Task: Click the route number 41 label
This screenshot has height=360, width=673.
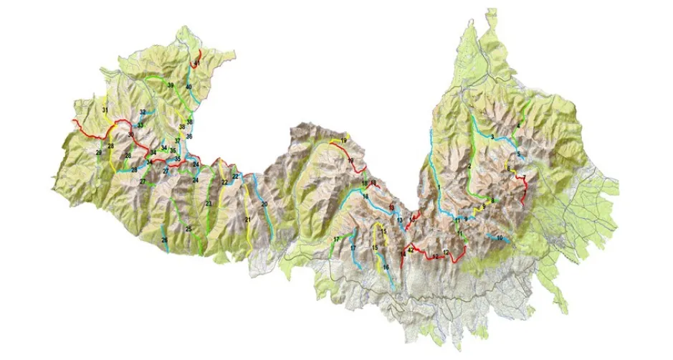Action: pyautogui.click(x=196, y=64)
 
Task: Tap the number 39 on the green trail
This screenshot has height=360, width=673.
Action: pyautogui.click(x=171, y=85)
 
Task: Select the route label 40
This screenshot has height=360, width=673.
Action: pyautogui.click(x=189, y=87)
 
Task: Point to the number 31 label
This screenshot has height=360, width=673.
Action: pyautogui.click(x=105, y=110)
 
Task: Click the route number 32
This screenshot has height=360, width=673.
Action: pyautogui.click(x=143, y=113)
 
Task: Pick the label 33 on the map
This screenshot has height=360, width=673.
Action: pyautogui.click(x=140, y=125)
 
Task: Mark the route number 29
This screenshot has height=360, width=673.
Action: pyautogui.click(x=99, y=153)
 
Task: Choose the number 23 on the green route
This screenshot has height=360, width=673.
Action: pyautogui.click(x=209, y=204)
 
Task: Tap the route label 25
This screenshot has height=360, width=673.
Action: pyautogui.click(x=189, y=229)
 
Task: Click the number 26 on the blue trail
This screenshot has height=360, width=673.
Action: pyautogui.click(x=164, y=240)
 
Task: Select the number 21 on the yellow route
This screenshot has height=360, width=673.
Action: pyautogui.click(x=247, y=219)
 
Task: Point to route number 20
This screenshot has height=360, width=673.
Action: pyautogui.click(x=264, y=204)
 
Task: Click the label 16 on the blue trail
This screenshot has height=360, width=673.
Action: pyautogui.click(x=386, y=267)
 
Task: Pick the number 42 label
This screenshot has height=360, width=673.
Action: pyautogui.click(x=411, y=250)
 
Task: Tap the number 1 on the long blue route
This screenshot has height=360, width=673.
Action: pyautogui.click(x=437, y=188)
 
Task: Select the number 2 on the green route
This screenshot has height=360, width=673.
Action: pyautogui.click(x=469, y=166)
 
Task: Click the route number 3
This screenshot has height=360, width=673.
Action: pyautogui.click(x=492, y=136)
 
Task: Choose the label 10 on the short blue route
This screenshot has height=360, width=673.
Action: pyautogui.click(x=500, y=238)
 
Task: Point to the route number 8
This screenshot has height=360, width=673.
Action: pyautogui.click(x=492, y=200)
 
